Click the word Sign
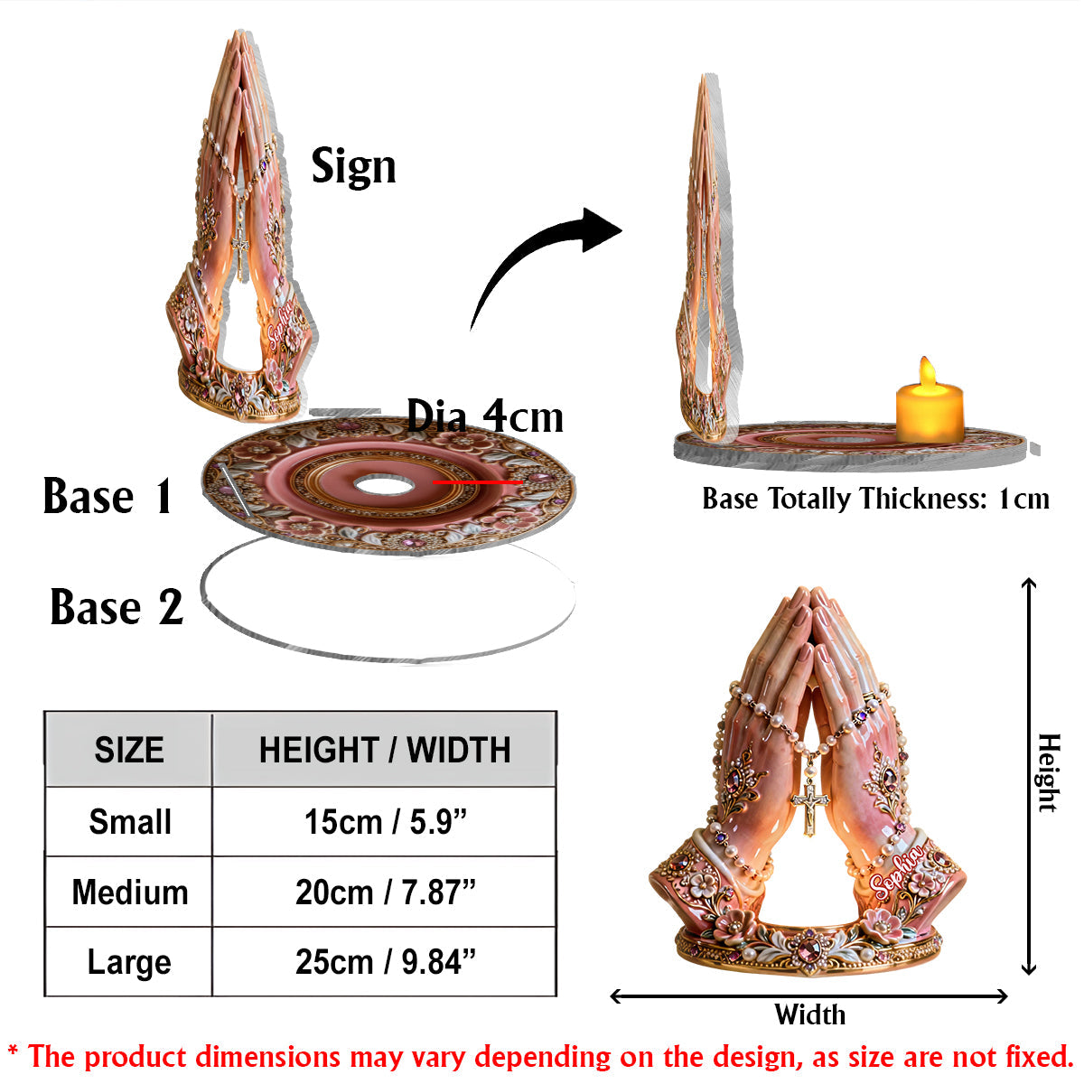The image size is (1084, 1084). coord(354,166)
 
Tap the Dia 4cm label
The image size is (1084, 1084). coord(484,416)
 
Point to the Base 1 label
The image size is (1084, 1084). coord(107,496)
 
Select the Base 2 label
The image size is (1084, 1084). coord(117,607)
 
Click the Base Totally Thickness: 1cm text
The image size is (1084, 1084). coord(876,499)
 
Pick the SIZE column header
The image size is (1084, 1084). coord(129,750)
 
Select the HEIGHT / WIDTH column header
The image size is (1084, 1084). coord(385,750)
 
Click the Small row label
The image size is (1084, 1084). coord(130,822)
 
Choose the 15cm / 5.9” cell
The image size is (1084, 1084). coord(386,822)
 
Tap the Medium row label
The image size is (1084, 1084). coord(130,892)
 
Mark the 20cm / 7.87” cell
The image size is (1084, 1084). coord(386,892)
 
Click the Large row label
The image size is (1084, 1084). coord(129,964)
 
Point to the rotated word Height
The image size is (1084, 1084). coord(1049,773)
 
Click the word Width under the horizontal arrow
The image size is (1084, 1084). coord(809,1015)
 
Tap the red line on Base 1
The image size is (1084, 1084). coord(478,482)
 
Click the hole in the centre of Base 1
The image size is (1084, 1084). coord(385,485)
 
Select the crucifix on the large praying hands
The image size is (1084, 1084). coord(808,803)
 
